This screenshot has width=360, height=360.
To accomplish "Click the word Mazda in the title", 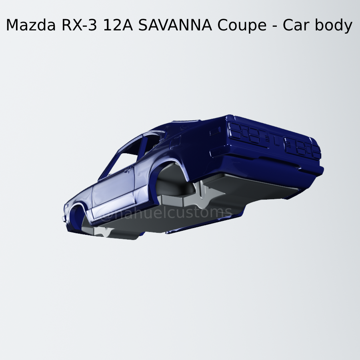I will [x=31, y=26].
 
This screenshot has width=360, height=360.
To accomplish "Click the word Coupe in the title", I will [x=242, y=26].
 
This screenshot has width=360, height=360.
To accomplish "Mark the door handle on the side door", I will [x=128, y=171].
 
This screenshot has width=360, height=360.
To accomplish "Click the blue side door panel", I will [x=114, y=192].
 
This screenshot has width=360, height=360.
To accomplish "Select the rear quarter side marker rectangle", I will [x=175, y=142].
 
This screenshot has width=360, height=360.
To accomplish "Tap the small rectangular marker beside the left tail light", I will [x=215, y=131].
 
